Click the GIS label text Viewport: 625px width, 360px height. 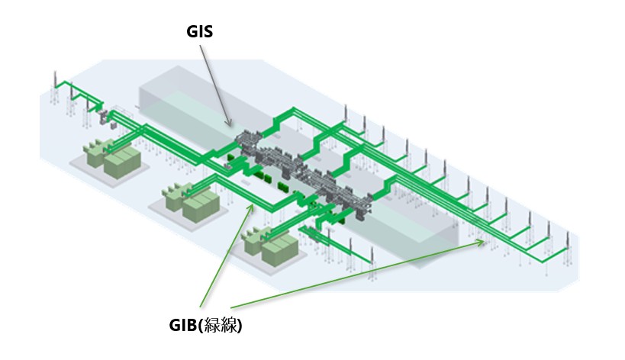(201, 32)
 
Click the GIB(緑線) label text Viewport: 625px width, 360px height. (205, 326)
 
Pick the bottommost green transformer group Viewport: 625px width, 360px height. (272, 246)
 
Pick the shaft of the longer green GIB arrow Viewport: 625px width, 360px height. (359, 278)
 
